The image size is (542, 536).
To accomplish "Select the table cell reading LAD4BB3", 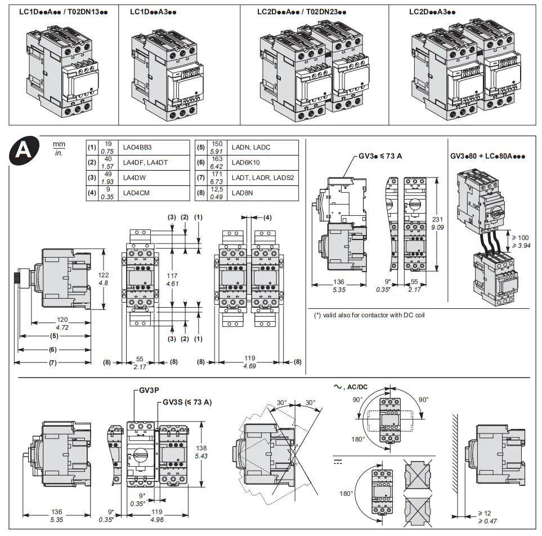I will tap(137, 147).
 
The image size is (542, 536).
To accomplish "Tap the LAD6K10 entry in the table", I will tap(246, 162).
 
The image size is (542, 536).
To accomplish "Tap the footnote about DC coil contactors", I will tap(369, 315).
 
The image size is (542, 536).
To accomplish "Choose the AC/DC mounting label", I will tap(355, 387).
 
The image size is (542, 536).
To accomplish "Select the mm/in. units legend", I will tap(59, 149).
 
